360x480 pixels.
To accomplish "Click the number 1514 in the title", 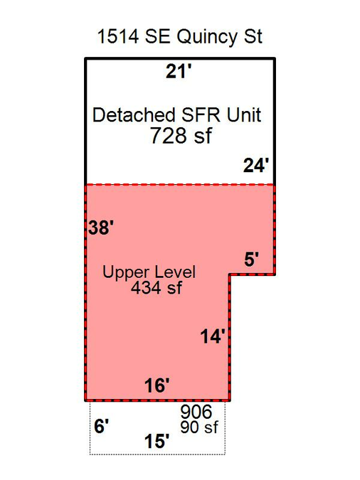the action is click(118, 36).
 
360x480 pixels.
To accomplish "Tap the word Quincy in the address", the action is click(207, 38).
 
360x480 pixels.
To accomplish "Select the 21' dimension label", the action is click(179, 72).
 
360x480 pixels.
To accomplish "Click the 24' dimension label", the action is click(256, 165).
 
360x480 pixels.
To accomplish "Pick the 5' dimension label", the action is click(252, 260).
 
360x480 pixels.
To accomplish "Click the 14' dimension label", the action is click(213, 336).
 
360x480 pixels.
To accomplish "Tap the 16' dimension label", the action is click(157, 385).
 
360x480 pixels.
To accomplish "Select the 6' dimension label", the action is click(102, 426).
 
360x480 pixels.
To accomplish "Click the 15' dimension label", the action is click(157, 442).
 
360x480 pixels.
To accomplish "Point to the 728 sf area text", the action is click(181, 135).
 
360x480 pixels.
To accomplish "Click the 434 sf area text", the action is click(157, 287).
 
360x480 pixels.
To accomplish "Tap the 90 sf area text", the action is click(199, 427).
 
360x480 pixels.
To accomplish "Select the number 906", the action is click(196, 412).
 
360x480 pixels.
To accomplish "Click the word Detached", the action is click(134, 114).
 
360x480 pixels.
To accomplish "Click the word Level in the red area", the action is click(175, 272).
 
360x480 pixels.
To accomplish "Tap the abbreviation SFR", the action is click(201, 114).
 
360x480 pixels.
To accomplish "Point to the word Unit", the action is click(244, 114).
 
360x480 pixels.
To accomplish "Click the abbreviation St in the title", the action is click(253, 36).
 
